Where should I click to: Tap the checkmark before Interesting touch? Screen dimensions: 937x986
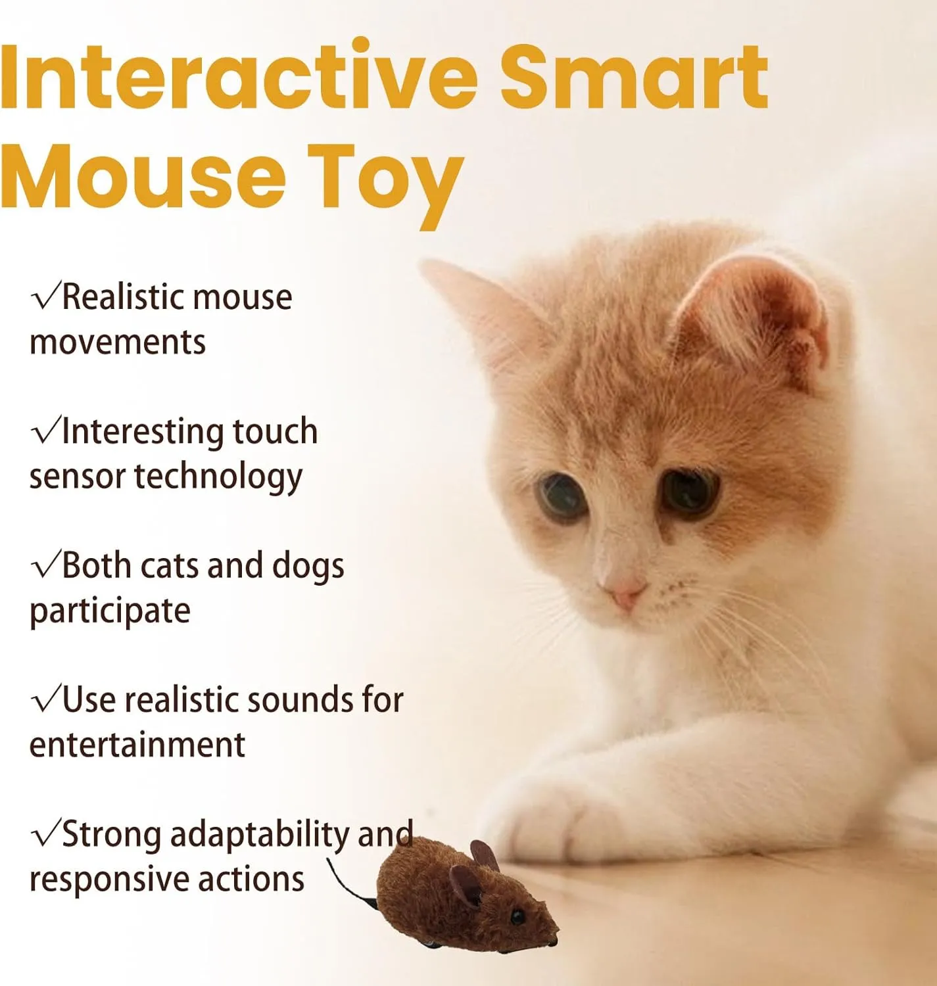point(45,431)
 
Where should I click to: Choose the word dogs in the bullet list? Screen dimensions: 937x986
point(308,567)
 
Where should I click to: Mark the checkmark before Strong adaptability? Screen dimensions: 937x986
point(45,833)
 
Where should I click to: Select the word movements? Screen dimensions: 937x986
point(118,343)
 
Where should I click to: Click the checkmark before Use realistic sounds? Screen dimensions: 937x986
point(45,700)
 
